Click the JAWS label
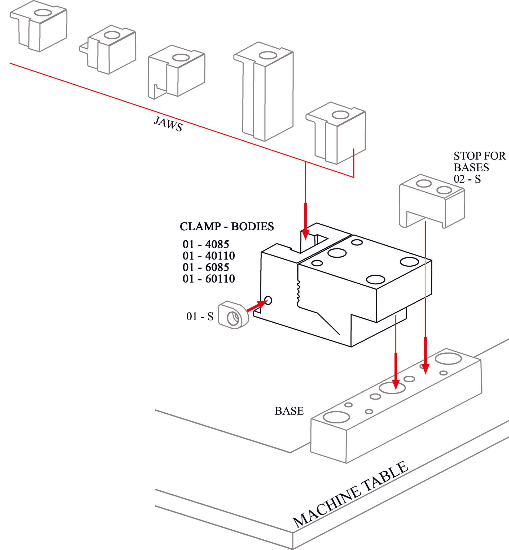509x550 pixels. pos(168,124)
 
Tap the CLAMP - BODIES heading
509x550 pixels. pos(227,227)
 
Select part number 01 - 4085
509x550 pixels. pos(206,245)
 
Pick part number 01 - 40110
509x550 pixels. pos(208,256)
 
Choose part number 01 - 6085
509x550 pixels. pos(206,267)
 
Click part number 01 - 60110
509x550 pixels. pos(208,279)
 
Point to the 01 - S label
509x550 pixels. pos(200,317)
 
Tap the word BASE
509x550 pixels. pos(289,411)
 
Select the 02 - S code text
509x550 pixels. pos(467,179)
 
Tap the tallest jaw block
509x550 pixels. pos(267,91)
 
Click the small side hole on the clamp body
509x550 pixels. pos(268,300)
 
